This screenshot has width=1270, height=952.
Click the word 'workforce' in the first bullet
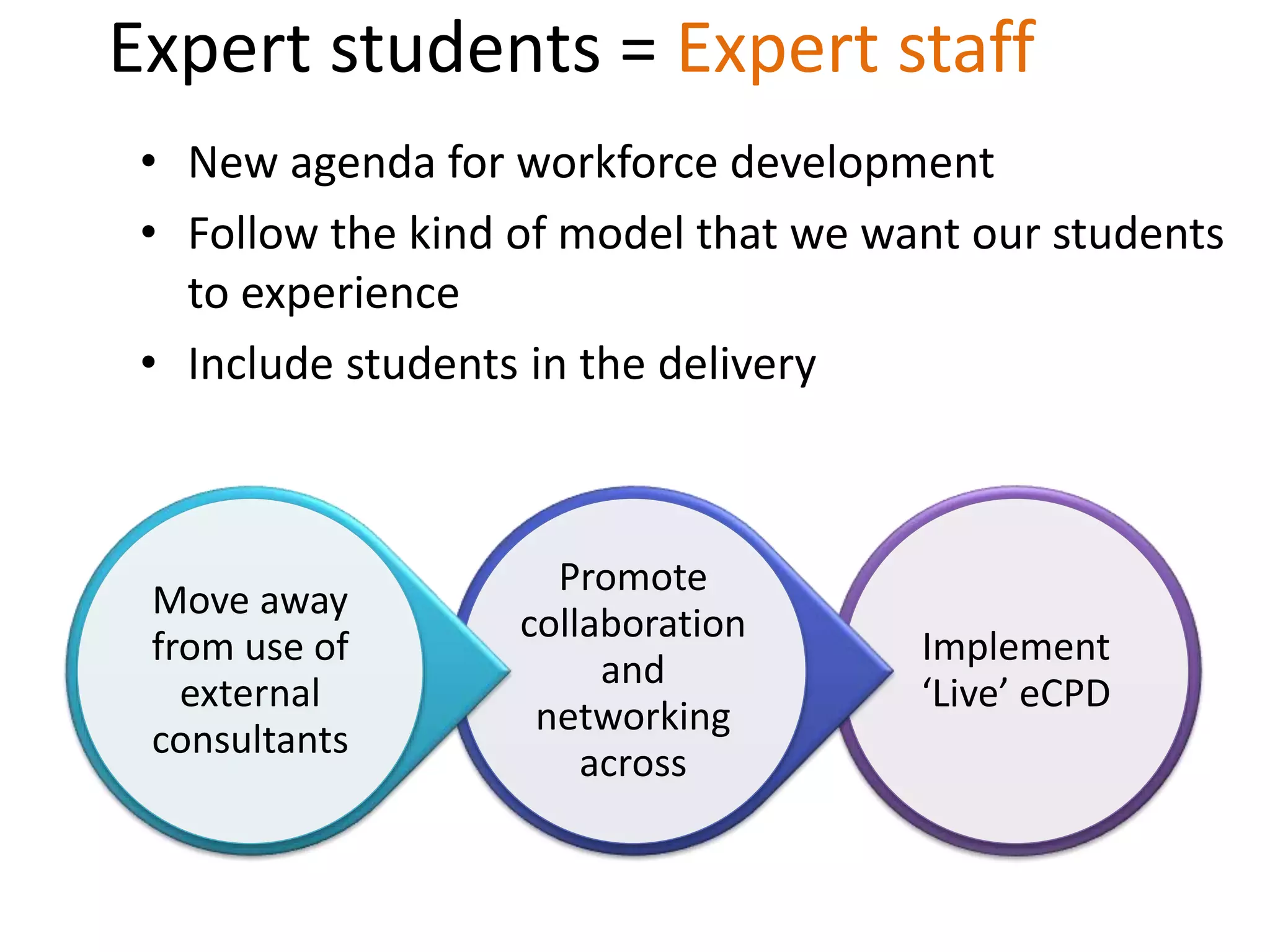(x=618, y=163)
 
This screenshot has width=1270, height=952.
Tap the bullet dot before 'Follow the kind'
(x=148, y=233)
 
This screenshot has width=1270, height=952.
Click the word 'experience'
(x=350, y=295)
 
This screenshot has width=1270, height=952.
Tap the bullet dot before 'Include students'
(x=148, y=363)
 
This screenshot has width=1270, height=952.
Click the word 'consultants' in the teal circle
(x=250, y=740)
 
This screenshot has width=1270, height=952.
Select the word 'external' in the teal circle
(x=250, y=694)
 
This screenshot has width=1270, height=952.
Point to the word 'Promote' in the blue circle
(x=633, y=578)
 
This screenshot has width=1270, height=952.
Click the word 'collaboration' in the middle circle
(x=633, y=624)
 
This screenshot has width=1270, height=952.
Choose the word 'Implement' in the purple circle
(x=1015, y=647)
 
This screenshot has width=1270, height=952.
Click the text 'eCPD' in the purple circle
(x=1064, y=694)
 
